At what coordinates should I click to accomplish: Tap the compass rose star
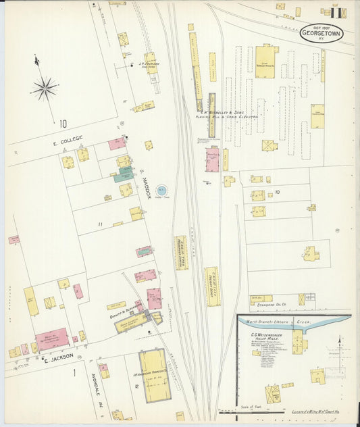tap(45, 88)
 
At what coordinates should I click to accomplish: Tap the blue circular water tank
tap(162, 191)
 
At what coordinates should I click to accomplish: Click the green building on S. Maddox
tap(124, 175)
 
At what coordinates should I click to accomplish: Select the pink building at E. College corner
tap(117, 144)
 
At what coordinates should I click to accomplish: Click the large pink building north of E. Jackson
tap(52, 337)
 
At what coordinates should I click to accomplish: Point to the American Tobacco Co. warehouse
tap(154, 376)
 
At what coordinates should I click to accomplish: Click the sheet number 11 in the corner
tap(336, 11)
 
